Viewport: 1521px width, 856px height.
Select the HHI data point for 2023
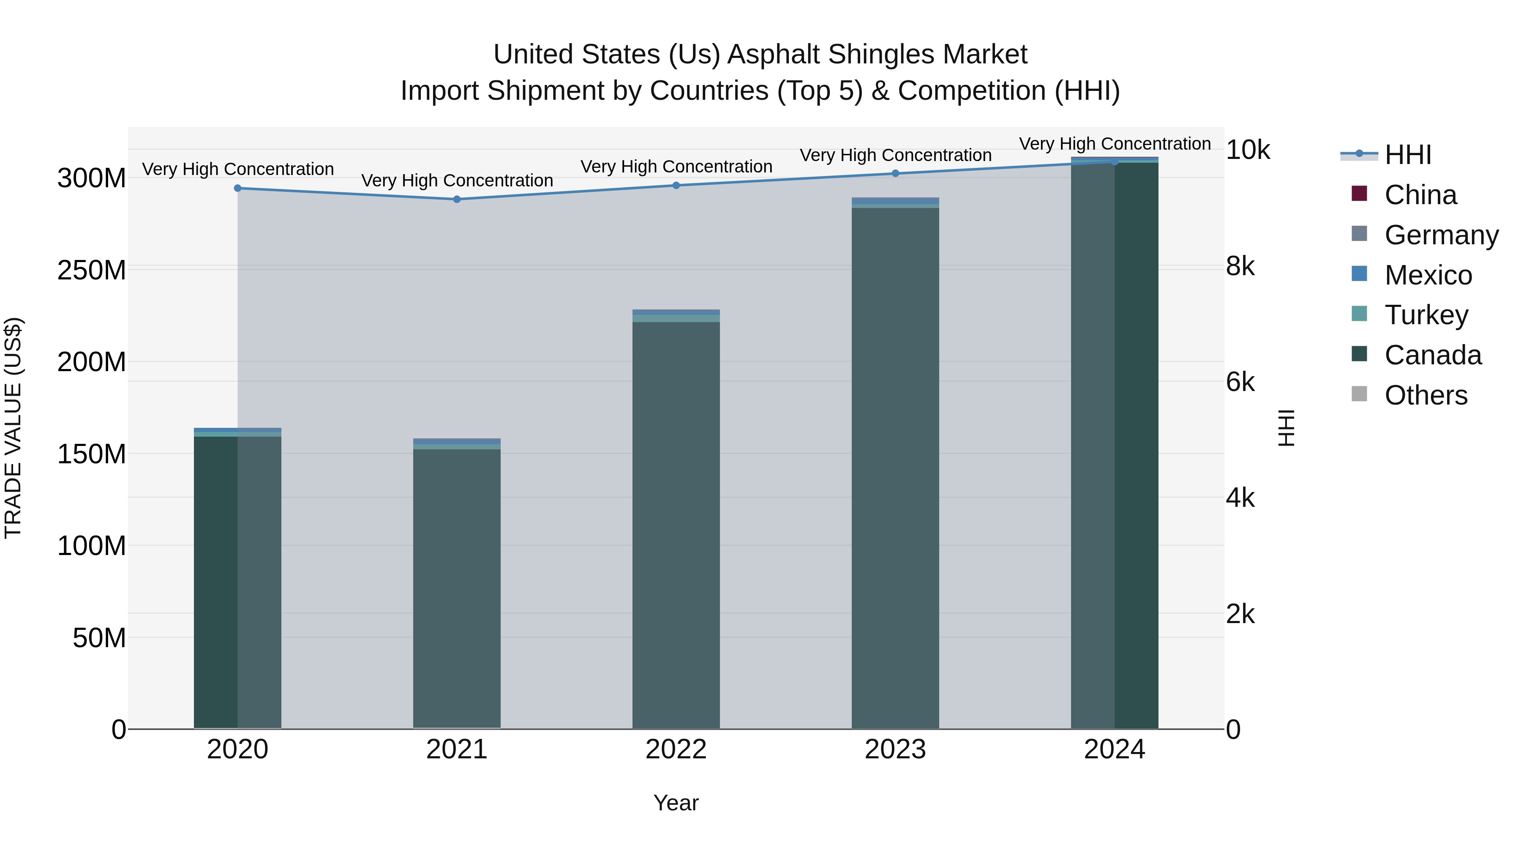(895, 173)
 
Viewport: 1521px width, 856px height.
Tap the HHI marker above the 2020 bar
(237, 188)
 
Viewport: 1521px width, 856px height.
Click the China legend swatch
(1359, 194)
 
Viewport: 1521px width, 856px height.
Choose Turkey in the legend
(1426, 315)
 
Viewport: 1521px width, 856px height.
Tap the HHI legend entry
(1408, 155)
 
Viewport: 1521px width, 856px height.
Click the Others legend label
(1426, 395)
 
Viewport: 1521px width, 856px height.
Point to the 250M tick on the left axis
(92, 270)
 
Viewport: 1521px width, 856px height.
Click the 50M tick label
(99, 638)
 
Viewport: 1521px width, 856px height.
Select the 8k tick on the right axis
(1240, 266)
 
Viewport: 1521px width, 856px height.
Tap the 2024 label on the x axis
(1114, 749)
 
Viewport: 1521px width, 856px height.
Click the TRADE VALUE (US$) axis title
(13, 428)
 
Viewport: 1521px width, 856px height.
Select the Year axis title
(676, 803)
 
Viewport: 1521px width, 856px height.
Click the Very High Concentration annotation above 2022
(676, 167)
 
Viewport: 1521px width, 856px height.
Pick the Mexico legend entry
(1428, 275)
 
